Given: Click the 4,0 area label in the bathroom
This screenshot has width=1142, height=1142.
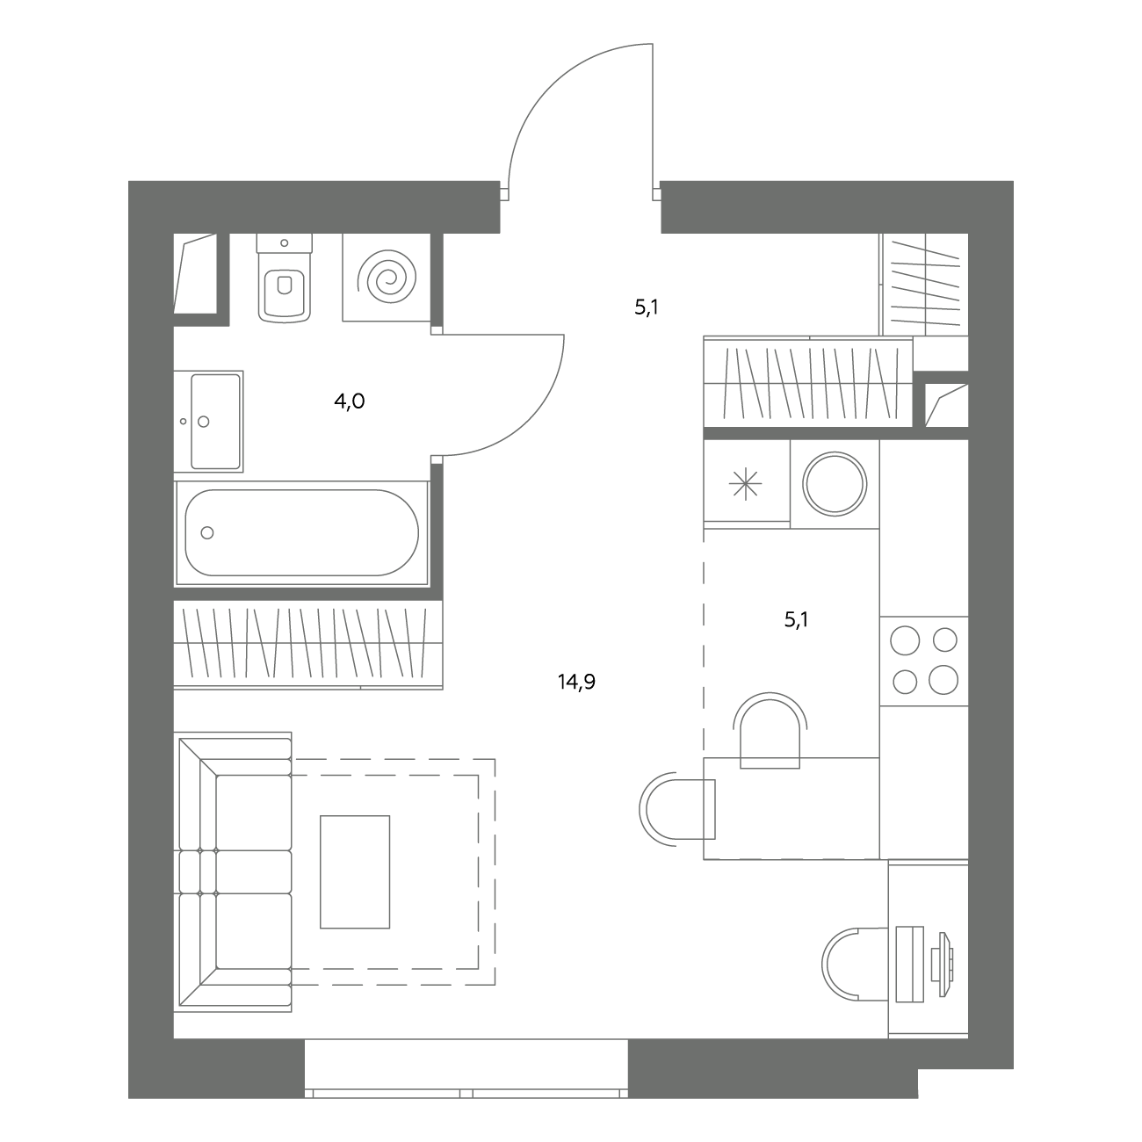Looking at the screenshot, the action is pyautogui.click(x=349, y=401).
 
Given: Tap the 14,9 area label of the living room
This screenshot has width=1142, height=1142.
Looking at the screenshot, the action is pyautogui.click(x=576, y=682).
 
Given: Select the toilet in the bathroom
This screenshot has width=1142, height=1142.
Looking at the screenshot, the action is pyautogui.click(x=285, y=278).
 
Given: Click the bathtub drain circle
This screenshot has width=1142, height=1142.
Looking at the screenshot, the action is pyautogui.click(x=207, y=532).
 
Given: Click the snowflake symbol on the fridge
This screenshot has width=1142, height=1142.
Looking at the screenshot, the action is pyautogui.click(x=746, y=484).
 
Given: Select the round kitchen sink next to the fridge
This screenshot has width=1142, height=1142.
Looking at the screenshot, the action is pyautogui.click(x=835, y=483).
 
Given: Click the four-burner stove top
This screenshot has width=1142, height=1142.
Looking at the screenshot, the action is pyautogui.click(x=924, y=661).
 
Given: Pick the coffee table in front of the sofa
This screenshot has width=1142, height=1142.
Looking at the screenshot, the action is pyautogui.click(x=355, y=871).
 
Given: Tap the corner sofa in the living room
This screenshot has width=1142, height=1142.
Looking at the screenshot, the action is pyautogui.click(x=235, y=872).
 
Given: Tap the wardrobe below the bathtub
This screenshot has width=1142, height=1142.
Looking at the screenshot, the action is pyautogui.click(x=308, y=644).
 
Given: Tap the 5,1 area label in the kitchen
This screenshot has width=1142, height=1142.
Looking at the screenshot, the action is pyautogui.click(x=796, y=620).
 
